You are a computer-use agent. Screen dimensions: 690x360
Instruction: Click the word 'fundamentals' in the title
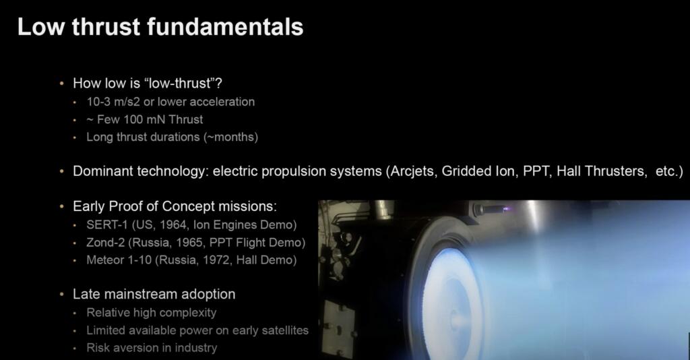pyautogui.click(x=225, y=26)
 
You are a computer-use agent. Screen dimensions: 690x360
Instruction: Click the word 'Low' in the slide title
pyautogui.click(x=41, y=26)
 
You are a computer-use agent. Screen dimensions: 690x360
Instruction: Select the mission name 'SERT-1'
pyautogui.click(x=107, y=225)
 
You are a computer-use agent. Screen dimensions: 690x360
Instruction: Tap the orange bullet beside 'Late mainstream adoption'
pyautogui.click(x=61, y=294)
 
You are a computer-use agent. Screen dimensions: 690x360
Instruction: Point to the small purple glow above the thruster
pyautogui.click(x=507, y=209)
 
